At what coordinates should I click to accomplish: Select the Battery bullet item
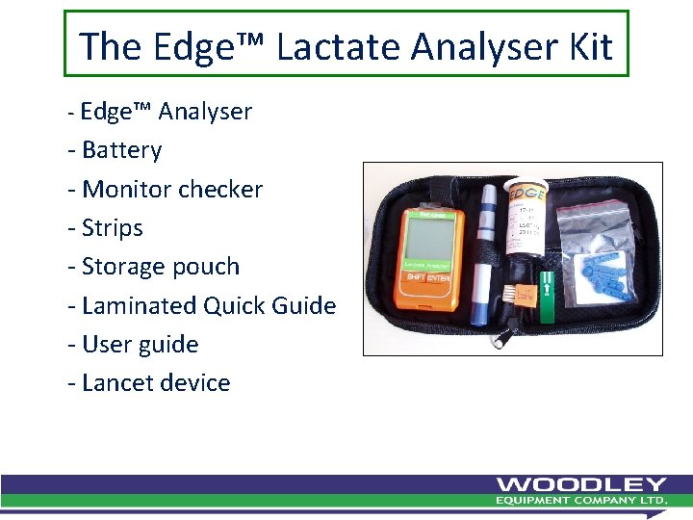tap(121, 150)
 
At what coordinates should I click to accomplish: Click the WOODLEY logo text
tap(581, 484)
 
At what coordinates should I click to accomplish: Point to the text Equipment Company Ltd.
tap(581, 501)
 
